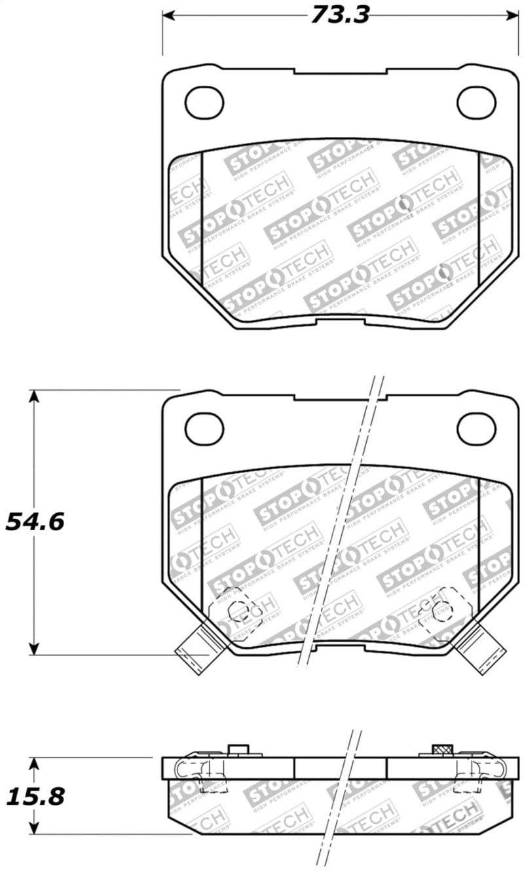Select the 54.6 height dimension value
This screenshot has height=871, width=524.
(35, 522)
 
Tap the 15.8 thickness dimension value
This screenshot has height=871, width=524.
(35, 796)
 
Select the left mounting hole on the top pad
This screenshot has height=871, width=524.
(204, 102)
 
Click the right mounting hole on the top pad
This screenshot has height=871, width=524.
(476, 103)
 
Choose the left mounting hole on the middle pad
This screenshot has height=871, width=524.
(204, 429)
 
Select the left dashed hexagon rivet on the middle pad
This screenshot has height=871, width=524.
(234, 610)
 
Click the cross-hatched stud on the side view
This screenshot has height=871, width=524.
(443, 750)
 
